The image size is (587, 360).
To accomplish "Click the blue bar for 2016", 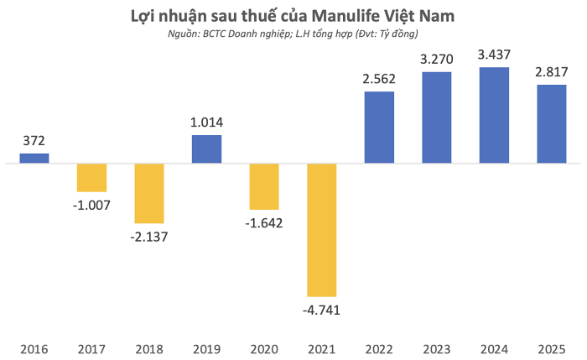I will coord(34,158).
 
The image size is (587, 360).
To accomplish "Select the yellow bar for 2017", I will coord(91,177).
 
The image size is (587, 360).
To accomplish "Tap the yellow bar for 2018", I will coord(149,192).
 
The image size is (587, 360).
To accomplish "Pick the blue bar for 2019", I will coord(206,149).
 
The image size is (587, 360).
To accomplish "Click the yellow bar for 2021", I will coord(321,229).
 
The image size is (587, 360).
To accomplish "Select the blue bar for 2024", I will coord(493,115).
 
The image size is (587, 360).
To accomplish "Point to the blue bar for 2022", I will coord(379,127).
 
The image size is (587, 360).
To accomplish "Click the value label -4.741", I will coord(321,309).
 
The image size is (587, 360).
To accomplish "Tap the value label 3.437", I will coord(493,55).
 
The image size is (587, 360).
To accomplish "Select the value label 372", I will coord(34,141).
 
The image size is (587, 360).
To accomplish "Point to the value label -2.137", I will coord(149,236).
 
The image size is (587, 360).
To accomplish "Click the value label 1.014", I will coord(206,123).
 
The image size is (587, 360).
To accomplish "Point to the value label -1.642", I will coord(264,222).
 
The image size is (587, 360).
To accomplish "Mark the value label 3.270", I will coord(436,60).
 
